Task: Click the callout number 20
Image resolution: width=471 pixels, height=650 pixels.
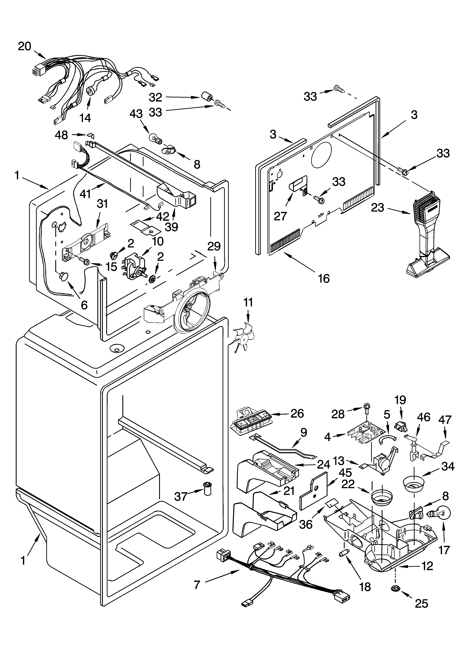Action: [x=24, y=46]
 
